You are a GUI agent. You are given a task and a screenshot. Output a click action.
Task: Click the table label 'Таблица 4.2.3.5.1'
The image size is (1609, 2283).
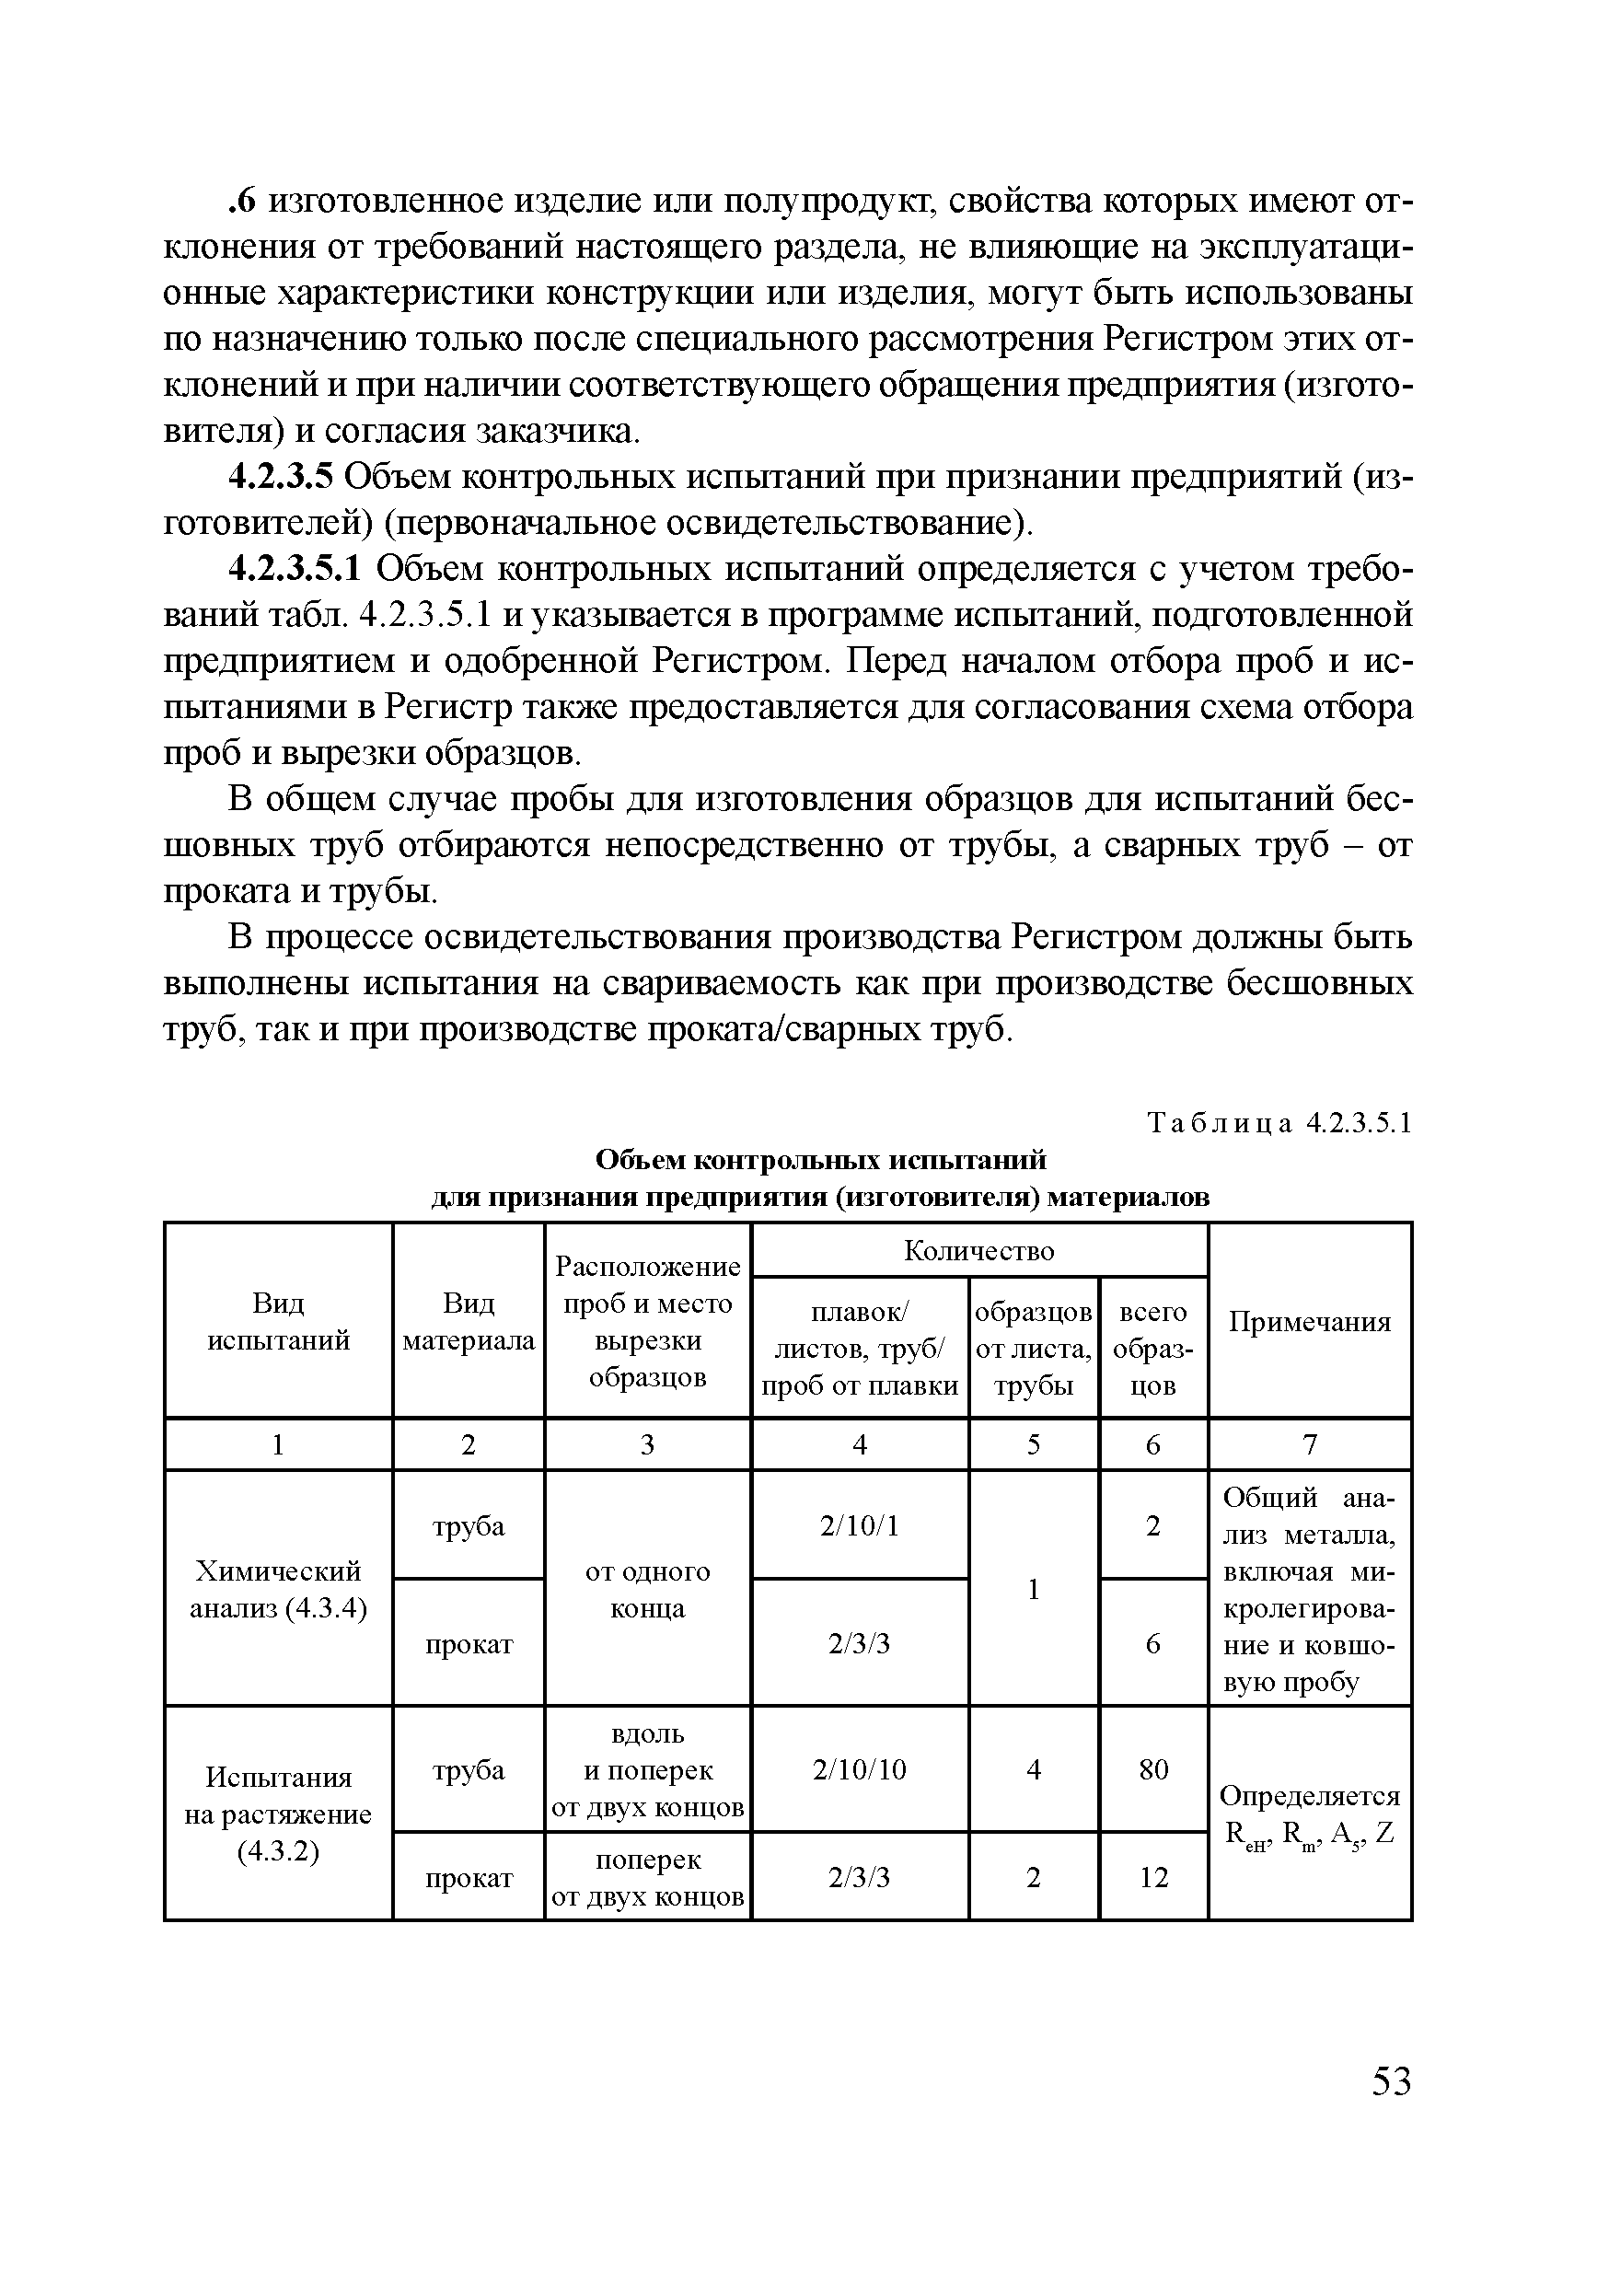coord(1279,1124)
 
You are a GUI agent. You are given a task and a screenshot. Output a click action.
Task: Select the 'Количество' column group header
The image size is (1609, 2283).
coord(978,1250)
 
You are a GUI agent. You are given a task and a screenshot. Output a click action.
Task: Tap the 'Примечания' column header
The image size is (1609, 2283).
coord(1310,1322)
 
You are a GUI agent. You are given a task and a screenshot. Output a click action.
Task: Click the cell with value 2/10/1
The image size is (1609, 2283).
coord(859,1525)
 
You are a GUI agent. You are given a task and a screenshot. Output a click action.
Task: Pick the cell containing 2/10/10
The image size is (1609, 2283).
coord(859,1769)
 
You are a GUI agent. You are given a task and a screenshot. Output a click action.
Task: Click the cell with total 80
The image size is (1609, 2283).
coord(1152,1769)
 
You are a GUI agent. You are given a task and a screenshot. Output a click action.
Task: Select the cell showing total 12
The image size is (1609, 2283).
coord(1152,1877)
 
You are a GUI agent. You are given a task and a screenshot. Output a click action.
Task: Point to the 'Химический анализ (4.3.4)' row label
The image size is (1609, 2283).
coord(278,1589)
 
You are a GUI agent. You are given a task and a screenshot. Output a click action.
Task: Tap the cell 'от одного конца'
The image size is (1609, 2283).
coord(647,1589)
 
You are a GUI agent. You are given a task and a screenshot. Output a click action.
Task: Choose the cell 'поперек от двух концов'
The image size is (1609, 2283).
coord(647,1877)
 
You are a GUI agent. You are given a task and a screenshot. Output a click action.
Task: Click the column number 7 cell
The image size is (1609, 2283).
coord(1310,1443)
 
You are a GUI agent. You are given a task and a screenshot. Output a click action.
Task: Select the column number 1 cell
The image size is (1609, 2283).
coord(278,1443)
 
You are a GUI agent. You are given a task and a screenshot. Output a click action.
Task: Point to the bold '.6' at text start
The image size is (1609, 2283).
coord(243,202)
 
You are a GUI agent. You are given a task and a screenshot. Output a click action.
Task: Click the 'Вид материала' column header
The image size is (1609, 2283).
coord(469,1322)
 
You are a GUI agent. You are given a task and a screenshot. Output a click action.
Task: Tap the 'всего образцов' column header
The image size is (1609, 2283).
coord(1152,1349)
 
